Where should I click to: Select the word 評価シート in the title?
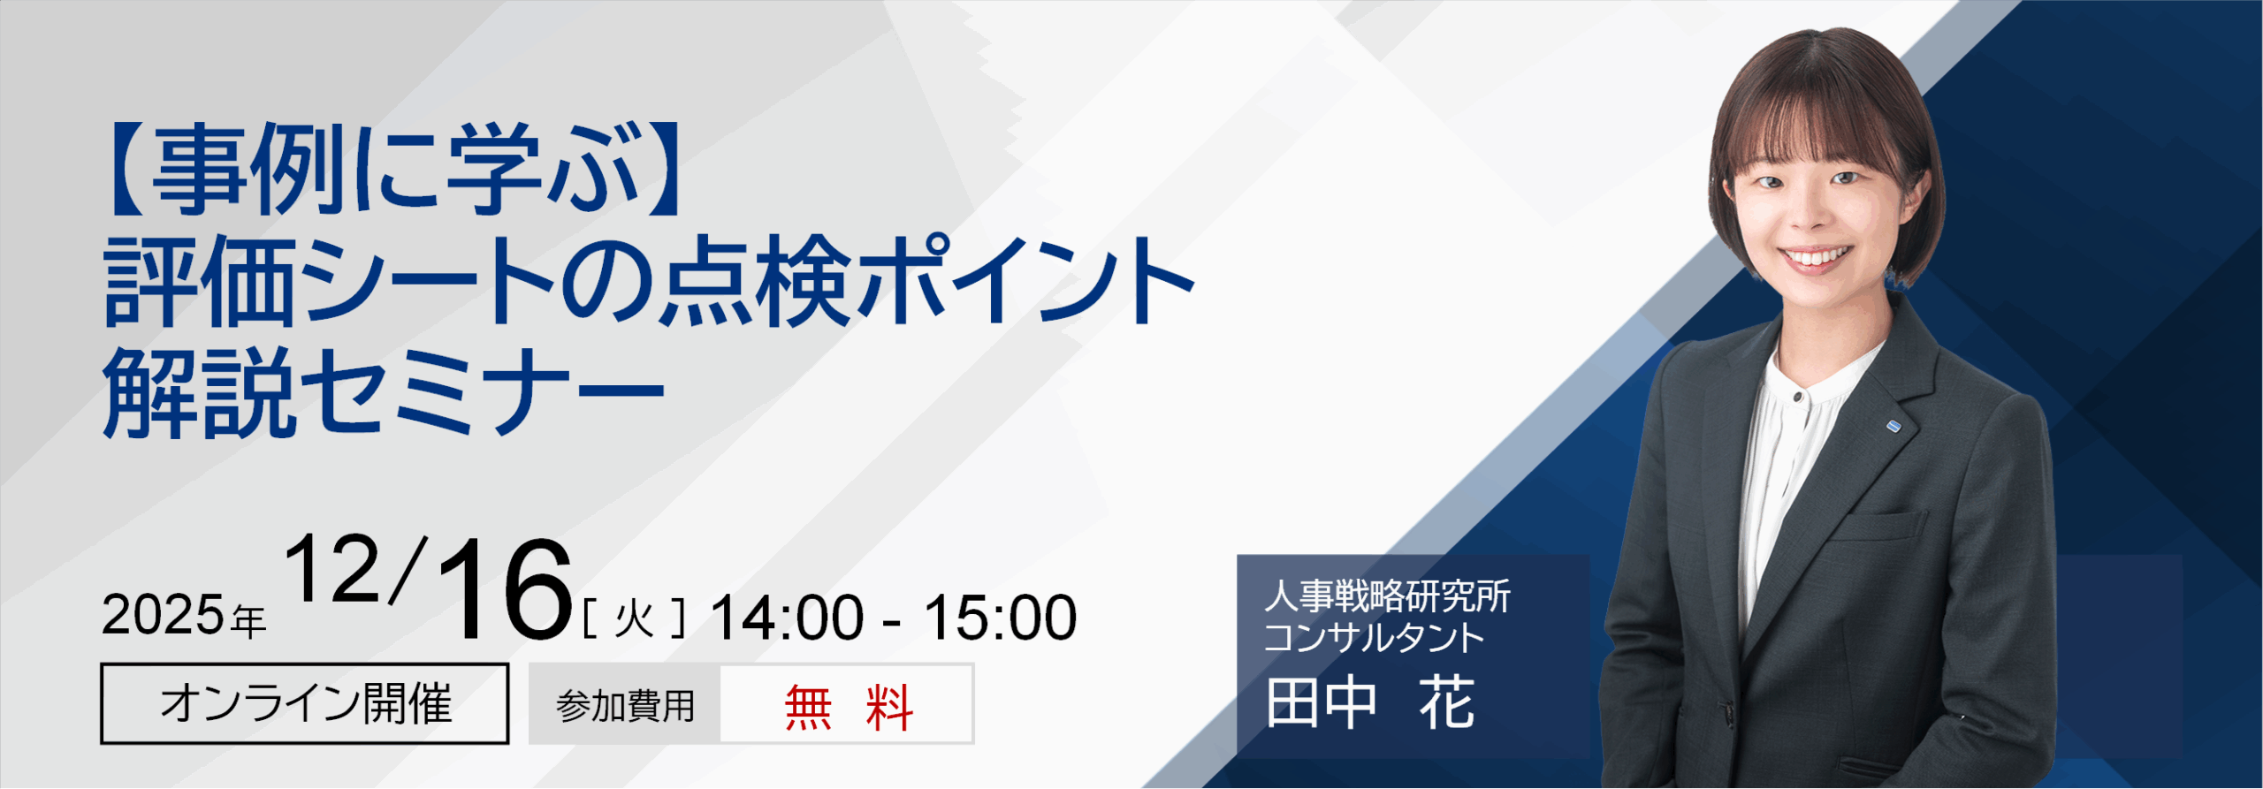click(330, 281)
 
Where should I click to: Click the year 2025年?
click(184, 615)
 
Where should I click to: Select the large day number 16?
click(505, 589)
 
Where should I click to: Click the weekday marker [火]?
click(634, 618)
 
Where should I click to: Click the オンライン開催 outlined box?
click(305, 703)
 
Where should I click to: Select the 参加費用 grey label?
click(625, 704)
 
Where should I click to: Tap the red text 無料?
click(848, 707)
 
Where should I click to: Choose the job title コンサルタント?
click(1374, 637)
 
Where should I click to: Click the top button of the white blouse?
click(1798, 398)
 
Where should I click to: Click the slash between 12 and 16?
click(408, 570)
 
